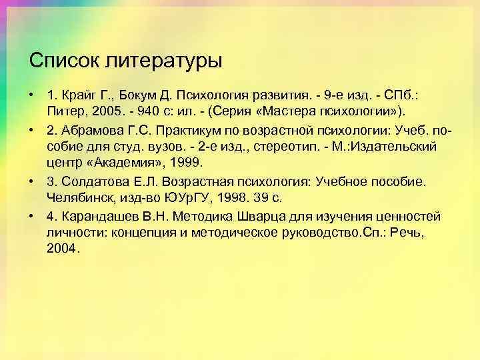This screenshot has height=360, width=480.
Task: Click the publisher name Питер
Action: [64, 109]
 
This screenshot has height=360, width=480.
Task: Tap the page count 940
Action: [149, 109]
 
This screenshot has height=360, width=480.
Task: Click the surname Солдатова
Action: [90, 181]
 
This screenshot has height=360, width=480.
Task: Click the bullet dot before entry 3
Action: [33, 181]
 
